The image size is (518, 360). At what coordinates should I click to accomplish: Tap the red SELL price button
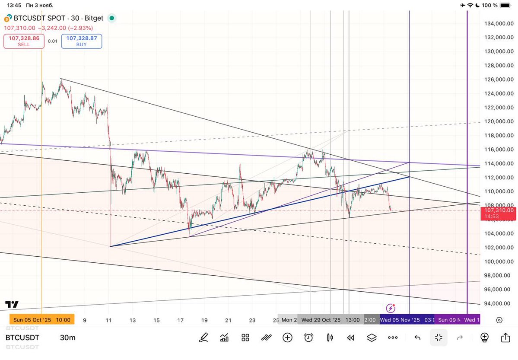pyautogui.click(x=24, y=41)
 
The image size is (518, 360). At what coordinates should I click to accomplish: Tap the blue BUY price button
pyautogui.click(x=82, y=41)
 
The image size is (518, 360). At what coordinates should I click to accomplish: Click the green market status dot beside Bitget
pyautogui.click(x=112, y=18)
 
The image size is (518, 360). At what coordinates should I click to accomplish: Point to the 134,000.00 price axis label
pyautogui.click(x=499, y=23)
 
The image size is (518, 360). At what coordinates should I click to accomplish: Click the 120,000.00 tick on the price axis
pyautogui.click(x=499, y=121)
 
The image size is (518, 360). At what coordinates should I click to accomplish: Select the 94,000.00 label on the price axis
pyautogui.click(x=499, y=303)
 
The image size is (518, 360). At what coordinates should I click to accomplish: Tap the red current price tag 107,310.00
pyautogui.click(x=499, y=213)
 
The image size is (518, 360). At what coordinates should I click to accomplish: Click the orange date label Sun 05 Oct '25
pyautogui.click(x=42, y=320)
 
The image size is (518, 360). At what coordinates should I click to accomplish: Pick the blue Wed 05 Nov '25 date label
pyautogui.click(x=400, y=320)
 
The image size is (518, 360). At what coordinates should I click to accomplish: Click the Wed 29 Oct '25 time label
pyautogui.click(x=322, y=320)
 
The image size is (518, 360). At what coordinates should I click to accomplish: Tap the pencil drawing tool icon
pyautogui.click(x=203, y=338)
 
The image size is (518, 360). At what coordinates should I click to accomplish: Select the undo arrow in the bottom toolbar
pyautogui.click(x=417, y=338)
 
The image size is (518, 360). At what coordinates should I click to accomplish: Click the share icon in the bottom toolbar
pyautogui.click(x=505, y=338)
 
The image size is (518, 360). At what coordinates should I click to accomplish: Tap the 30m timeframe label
pyautogui.click(x=67, y=338)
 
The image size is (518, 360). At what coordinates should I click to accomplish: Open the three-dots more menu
pyautogui.click(x=392, y=338)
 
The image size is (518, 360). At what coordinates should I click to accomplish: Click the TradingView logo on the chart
pyautogui.click(x=12, y=304)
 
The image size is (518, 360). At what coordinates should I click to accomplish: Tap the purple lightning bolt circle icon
pyautogui.click(x=391, y=308)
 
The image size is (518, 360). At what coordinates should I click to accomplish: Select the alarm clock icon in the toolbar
pyautogui.click(x=308, y=338)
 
